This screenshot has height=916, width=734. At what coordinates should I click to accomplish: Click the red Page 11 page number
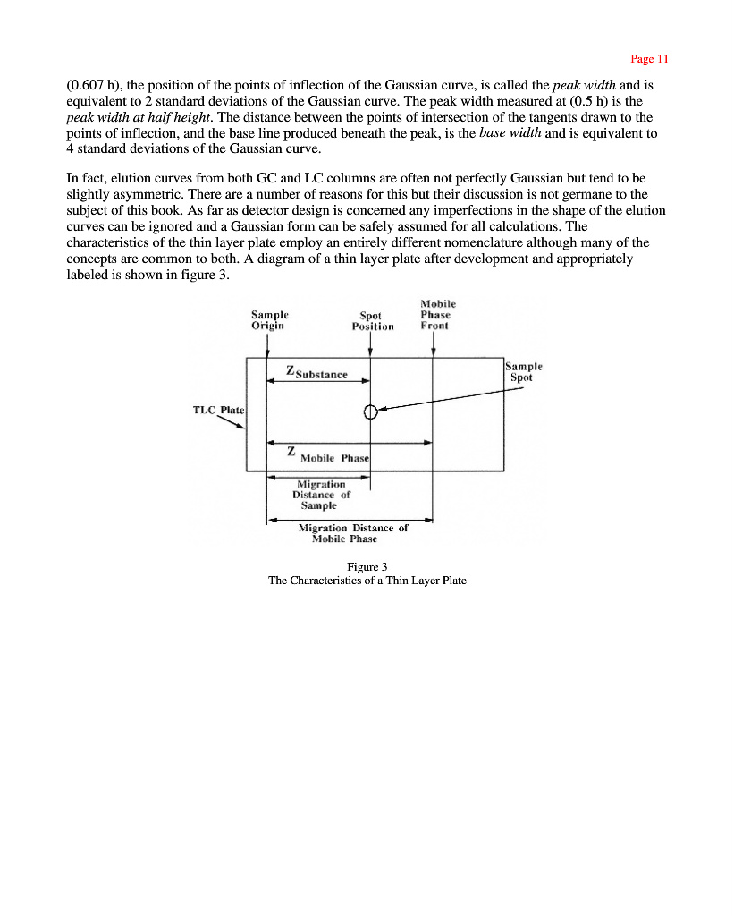(x=649, y=59)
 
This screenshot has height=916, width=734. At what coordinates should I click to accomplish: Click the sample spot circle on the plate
(x=370, y=411)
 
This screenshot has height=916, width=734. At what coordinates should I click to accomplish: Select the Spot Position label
(x=372, y=320)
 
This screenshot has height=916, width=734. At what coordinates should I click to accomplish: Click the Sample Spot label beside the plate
(x=523, y=372)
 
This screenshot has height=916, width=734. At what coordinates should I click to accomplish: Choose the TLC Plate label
(x=219, y=410)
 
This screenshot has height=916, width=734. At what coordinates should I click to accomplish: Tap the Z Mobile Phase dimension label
(x=327, y=455)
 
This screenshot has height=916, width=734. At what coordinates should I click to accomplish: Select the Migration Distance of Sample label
(x=320, y=495)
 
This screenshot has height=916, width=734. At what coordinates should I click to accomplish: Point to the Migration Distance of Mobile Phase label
(x=352, y=533)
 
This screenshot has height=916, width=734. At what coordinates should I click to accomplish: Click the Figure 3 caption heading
(x=367, y=566)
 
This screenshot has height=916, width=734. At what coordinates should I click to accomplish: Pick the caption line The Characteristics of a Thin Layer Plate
(x=367, y=580)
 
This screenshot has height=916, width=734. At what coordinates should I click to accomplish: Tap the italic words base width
(x=510, y=133)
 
